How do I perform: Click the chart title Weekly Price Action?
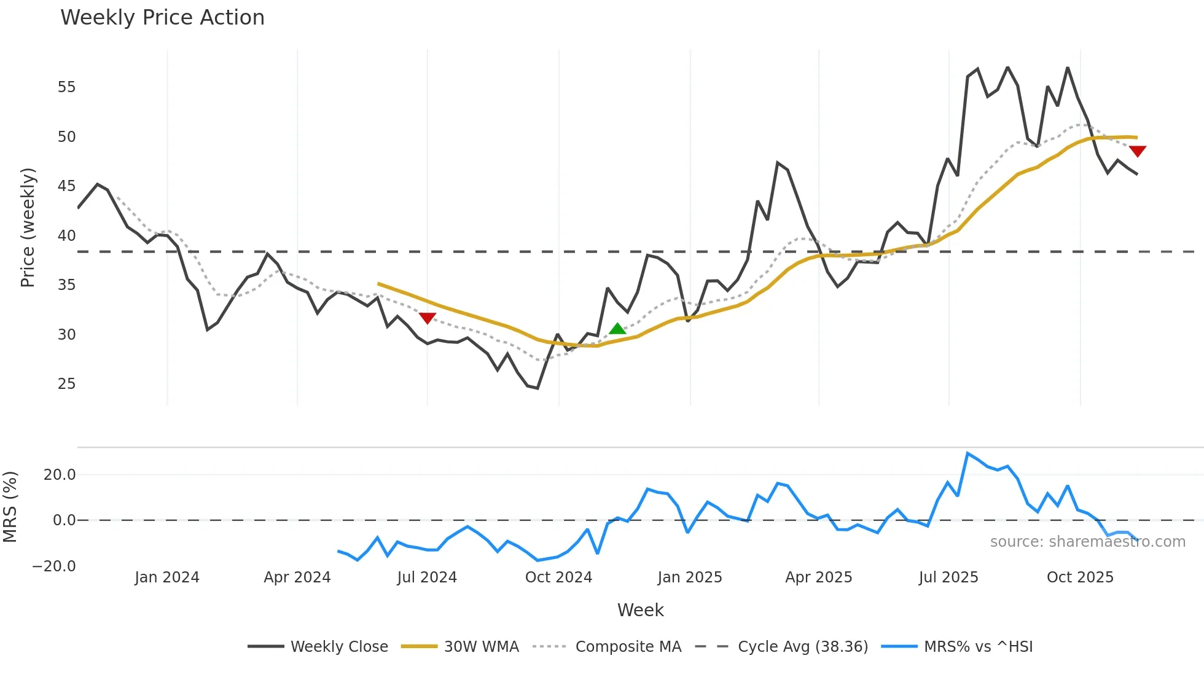pos(162,18)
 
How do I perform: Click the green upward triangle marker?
pos(617,329)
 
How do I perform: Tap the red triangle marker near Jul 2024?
pos(428,318)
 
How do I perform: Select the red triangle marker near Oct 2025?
pos(1137,151)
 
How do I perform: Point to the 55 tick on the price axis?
pos(66,87)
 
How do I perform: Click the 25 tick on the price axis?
pos(66,384)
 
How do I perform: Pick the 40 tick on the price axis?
pos(66,236)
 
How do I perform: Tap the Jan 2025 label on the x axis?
pos(689,577)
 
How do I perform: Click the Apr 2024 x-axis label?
pos(297,577)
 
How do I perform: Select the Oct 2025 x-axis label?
pos(1080,577)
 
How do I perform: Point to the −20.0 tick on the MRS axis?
pos(54,566)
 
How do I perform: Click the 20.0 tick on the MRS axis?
pos(60,475)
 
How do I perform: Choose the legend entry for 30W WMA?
pos(481,647)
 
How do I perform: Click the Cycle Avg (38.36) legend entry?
pos(802,647)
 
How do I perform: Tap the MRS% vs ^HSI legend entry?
pos(978,647)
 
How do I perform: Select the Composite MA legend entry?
pos(628,647)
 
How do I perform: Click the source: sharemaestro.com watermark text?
pos(1087,542)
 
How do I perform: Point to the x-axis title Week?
pos(640,610)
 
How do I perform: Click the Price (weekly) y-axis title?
pos(28,227)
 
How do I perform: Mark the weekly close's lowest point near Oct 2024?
pos(537,388)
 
